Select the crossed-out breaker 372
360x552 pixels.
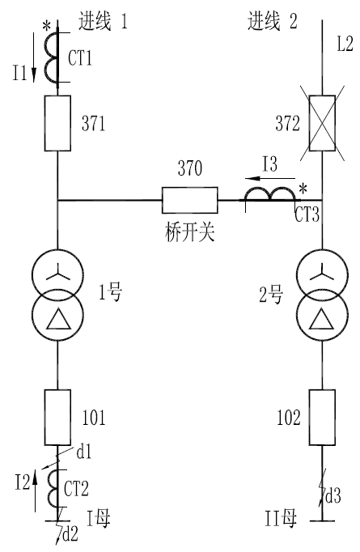click(x=322, y=123)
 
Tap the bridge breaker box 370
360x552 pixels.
click(x=189, y=200)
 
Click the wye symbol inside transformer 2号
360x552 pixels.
click(x=322, y=274)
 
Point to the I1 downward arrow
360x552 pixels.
click(x=34, y=57)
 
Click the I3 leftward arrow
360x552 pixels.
click(x=270, y=178)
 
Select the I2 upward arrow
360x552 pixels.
click(x=35, y=490)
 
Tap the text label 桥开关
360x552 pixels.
click(x=189, y=232)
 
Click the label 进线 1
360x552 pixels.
click(x=103, y=21)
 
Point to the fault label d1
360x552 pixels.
click(x=84, y=452)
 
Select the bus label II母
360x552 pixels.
click(x=281, y=519)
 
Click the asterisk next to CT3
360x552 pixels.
click(x=303, y=189)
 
